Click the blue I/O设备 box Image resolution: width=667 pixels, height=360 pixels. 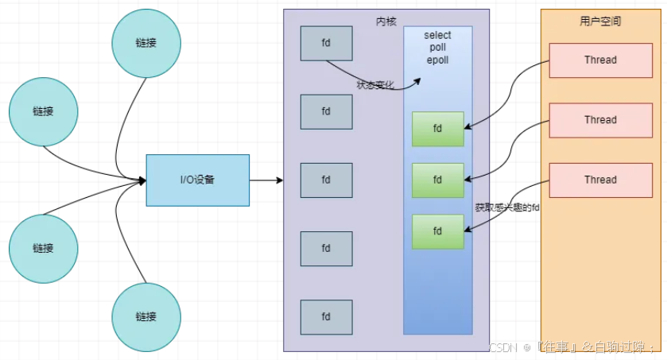point(197,180)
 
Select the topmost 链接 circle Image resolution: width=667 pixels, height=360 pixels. point(145,43)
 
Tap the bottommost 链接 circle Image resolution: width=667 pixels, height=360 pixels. point(145,316)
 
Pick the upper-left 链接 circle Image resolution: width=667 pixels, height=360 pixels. point(44,112)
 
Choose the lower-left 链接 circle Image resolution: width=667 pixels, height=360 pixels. point(44,248)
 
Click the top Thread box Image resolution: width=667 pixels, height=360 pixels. point(600,60)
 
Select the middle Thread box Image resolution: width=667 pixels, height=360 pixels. point(600,120)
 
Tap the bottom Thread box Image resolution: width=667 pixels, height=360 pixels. point(600,180)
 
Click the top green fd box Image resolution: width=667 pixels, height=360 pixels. point(437,129)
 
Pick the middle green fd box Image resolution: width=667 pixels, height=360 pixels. point(437,180)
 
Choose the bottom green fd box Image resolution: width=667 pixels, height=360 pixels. point(437,231)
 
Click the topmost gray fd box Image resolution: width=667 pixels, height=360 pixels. point(326,43)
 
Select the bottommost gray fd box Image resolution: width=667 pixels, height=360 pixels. point(326,316)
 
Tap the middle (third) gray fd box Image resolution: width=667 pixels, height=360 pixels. point(326,180)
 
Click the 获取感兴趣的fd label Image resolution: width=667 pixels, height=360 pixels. point(506,207)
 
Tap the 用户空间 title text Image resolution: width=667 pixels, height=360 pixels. point(600,21)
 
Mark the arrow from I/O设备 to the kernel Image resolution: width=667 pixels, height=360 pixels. point(266,180)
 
